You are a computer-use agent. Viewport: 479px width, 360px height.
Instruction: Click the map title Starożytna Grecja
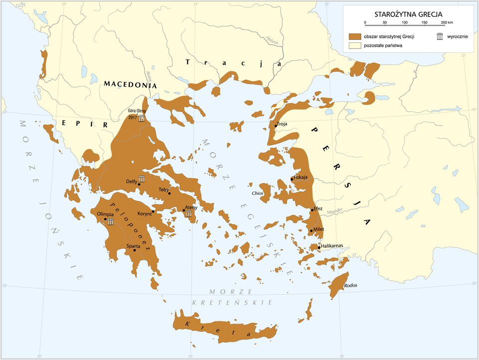tap(408, 14)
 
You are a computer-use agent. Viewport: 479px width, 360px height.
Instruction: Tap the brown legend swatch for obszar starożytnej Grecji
tap(355, 36)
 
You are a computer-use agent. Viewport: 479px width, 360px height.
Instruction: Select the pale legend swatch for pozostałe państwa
tap(355, 45)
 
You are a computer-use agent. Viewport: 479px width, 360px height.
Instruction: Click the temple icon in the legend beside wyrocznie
tap(440, 36)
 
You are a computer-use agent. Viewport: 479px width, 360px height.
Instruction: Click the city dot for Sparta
tap(135, 250)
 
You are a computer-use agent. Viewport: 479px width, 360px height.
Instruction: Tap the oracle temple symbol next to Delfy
tap(142, 179)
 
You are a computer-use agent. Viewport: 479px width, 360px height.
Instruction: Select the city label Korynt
tap(144, 214)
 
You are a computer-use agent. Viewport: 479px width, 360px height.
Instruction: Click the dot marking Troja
tap(276, 126)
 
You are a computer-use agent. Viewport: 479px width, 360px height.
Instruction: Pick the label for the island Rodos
tap(351, 286)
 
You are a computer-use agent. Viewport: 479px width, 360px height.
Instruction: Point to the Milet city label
tap(319, 229)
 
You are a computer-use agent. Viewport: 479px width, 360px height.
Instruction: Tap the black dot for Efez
tap(312, 210)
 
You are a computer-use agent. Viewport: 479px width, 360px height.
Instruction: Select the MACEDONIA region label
tap(130, 84)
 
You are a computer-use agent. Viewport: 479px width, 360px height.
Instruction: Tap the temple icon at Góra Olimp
tap(142, 118)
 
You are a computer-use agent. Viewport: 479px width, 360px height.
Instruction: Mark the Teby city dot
tap(170, 193)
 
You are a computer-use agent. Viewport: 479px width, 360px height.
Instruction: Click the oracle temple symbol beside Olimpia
tap(111, 221)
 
